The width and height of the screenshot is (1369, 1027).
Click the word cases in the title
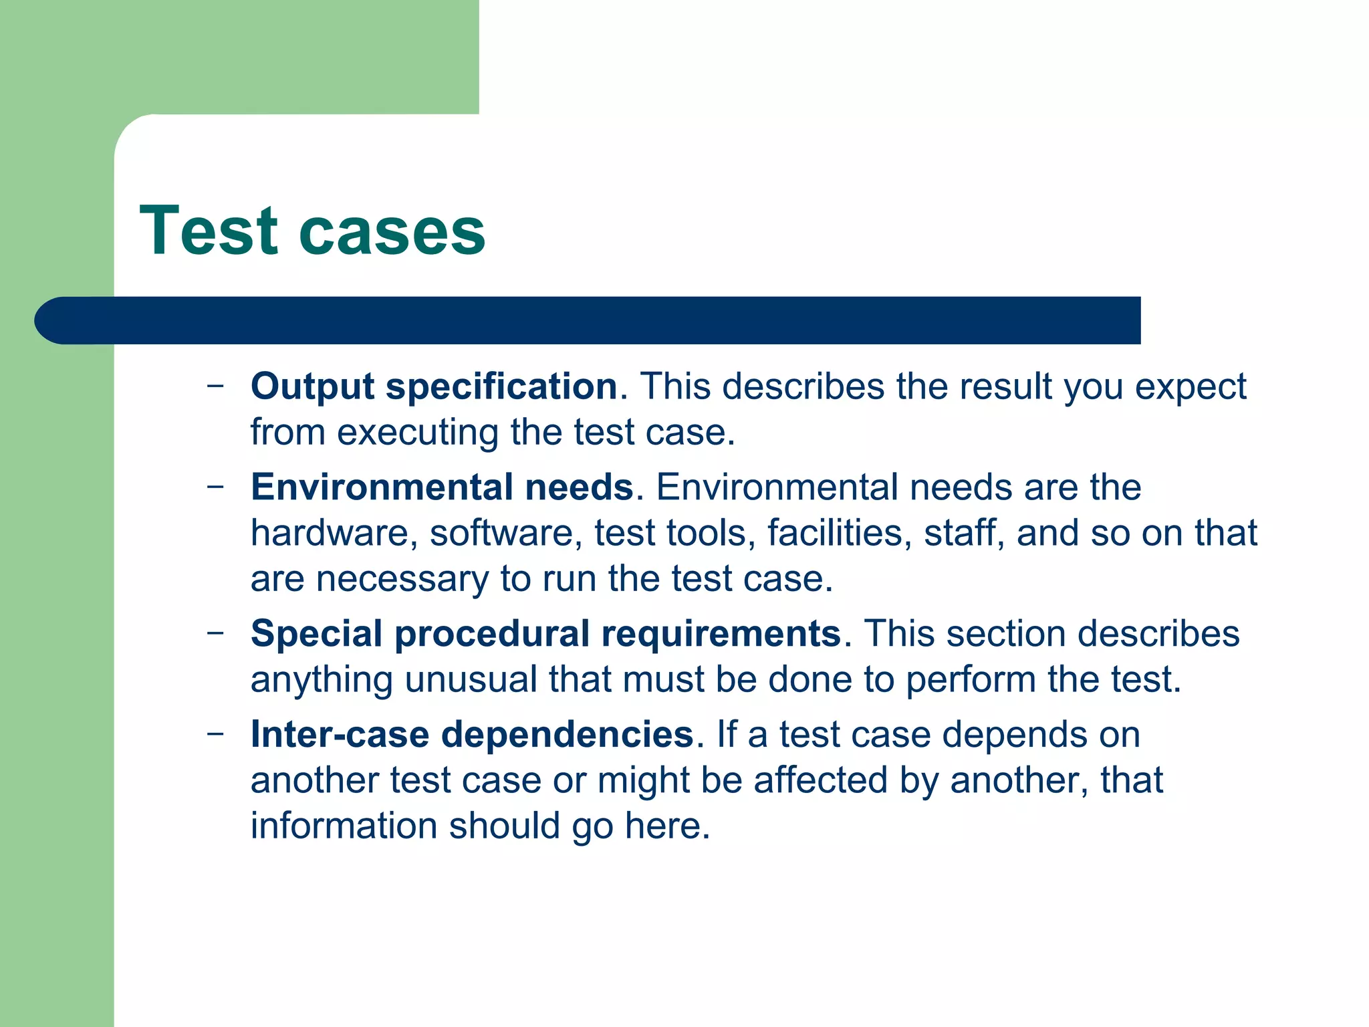392,232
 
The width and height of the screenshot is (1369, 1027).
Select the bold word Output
312,386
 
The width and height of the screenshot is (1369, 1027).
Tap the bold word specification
502,386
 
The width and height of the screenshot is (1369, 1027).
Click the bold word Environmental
380,487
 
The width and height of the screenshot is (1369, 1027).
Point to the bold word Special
316,633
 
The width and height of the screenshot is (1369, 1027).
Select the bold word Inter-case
340,734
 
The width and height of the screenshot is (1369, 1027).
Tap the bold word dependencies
568,734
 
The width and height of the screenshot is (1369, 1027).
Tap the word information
344,826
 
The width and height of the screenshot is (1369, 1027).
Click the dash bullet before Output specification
215,385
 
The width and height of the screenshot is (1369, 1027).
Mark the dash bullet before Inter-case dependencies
215,733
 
